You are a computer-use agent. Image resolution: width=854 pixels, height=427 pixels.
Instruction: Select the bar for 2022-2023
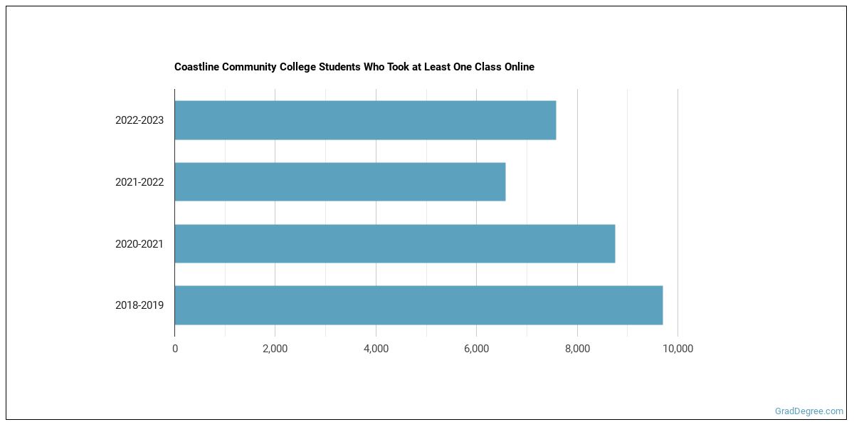click(x=365, y=120)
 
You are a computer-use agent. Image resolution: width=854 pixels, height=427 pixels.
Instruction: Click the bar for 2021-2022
click(x=340, y=181)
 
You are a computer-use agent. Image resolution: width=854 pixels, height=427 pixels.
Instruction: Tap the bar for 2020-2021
click(x=395, y=243)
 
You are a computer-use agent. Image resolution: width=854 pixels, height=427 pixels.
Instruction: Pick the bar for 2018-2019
click(x=418, y=305)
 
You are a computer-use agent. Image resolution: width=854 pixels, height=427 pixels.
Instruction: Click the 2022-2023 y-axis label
click(x=139, y=120)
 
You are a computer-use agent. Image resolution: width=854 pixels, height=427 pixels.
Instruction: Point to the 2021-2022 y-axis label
click(x=139, y=182)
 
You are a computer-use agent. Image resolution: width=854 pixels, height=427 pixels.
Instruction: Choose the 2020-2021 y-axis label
click(x=139, y=244)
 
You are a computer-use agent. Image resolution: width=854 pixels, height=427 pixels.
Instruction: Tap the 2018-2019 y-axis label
click(x=139, y=305)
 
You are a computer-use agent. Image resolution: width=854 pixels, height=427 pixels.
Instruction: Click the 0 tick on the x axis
click(x=175, y=349)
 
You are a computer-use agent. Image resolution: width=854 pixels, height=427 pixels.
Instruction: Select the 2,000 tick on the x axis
click(x=275, y=349)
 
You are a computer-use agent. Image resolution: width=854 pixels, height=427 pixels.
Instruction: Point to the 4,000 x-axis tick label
click(x=376, y=349)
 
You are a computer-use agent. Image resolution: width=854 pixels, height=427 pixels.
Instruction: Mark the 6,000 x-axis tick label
click(x=476, y=349)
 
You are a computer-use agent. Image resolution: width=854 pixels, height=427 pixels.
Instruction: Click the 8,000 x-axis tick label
click(x=577, y=349)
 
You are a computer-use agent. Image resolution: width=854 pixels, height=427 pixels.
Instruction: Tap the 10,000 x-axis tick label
click(x=678, y=349)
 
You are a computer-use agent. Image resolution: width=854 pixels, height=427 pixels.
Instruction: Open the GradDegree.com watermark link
click(x=809, y=411)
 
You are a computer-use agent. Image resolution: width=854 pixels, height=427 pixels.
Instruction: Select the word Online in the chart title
click(x=518, y=67)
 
